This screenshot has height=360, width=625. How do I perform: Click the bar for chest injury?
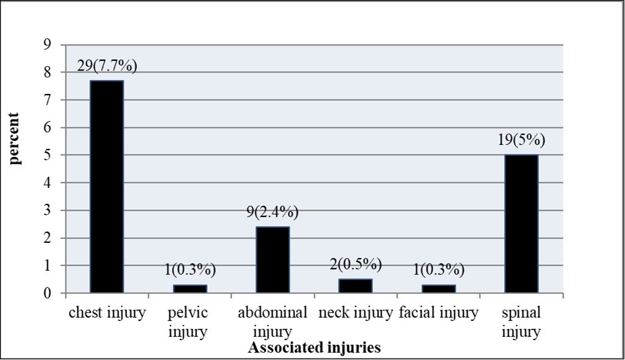[107, 186]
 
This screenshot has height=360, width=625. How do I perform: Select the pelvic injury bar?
[190, 289]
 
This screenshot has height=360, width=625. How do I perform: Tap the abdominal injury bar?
[273, 259]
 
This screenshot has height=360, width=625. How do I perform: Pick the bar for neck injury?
[356, 286]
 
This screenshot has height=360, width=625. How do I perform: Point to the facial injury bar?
[438, 289]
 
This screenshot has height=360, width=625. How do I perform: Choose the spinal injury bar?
[521, 224]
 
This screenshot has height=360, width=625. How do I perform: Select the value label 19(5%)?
[521, 141]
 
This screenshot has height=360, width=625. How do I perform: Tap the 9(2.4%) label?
[273, 212]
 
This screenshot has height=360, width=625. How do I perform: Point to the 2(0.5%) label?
[356, 265]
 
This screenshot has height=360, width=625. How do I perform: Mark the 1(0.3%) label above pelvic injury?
[190, 271]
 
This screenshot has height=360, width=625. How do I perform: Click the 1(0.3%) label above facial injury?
[438, 271]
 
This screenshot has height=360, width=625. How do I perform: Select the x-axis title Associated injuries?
[314, 347]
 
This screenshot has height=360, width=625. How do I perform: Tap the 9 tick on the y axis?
[46, 45]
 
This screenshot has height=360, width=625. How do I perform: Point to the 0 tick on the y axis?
[46, 293]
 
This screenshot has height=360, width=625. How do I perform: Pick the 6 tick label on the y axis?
[46, 128]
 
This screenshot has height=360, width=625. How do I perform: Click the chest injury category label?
[107, 313]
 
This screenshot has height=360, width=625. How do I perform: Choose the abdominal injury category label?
[273, 321]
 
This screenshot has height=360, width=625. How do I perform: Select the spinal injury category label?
[521, 321]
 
